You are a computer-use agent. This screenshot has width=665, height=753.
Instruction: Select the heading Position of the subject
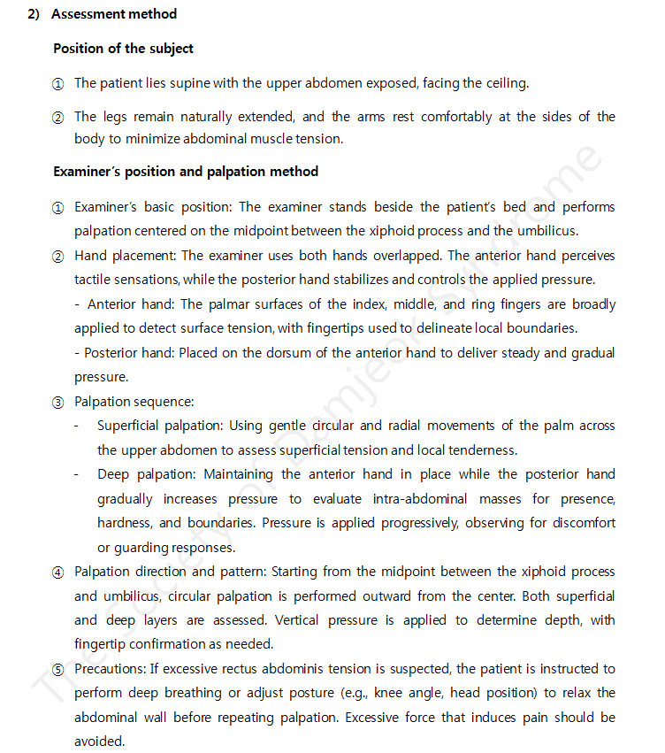[x=123, y=49]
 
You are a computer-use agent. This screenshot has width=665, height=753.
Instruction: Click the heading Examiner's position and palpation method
[x=186, y=171]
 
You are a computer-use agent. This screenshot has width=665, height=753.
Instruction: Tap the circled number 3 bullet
[x=58, y=402]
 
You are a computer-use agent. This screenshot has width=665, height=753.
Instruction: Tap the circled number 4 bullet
[x=58, y=572]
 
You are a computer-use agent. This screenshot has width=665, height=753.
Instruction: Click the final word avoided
[x=99, y=741]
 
